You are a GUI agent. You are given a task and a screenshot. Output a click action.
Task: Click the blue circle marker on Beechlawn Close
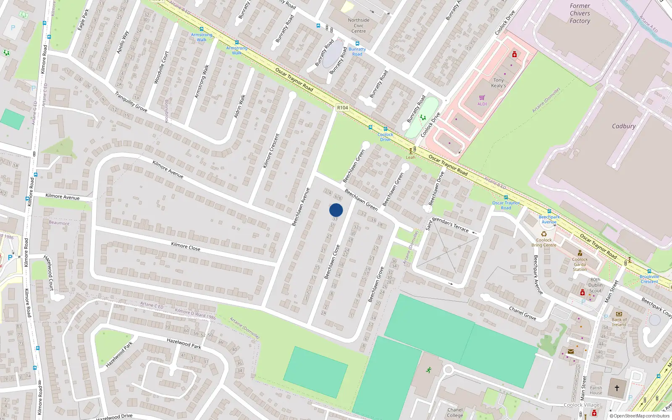pyautogui.click(x=336, y=210)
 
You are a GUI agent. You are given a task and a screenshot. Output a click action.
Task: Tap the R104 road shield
pyautogui.click(x=343, y=108)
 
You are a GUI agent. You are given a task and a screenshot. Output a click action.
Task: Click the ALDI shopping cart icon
pyautogui.click(x=482, y=97)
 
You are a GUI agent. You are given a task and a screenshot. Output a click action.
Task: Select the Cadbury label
pyautogui.click(x=623, y=126)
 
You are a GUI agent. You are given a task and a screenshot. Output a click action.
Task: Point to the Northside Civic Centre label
pyautogui.click(x=359, y=26)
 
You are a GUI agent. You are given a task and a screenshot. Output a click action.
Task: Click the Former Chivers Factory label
pyautogui.click(x=580, y=13)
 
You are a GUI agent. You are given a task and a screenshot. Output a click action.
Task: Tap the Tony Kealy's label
pyautogui.click(x=499, y=83)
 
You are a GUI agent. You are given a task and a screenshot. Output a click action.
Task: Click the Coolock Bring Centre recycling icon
pyautogui.click(x=544, y=234)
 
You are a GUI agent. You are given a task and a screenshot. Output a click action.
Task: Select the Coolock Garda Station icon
pyautogui.click(x=580, y=253)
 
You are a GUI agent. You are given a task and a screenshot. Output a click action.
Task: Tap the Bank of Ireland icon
pyautogui.click(x=618, y=314)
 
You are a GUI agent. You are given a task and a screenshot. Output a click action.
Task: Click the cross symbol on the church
pyautogui.click(x=617, y=388)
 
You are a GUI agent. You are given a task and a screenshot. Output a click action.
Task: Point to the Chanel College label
pyautogui.click(x=455, y=412)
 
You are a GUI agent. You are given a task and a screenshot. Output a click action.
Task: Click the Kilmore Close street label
pyautogui.click(x=186, y=247)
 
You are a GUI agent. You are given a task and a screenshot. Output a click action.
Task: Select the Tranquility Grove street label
pyautogui.click(x=131, y=102)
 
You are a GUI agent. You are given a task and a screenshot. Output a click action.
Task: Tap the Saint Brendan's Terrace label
pyautogui.click(x=447, y=225)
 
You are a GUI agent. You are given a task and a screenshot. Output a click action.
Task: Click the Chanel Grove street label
pyautogui.click(x=522, y=313)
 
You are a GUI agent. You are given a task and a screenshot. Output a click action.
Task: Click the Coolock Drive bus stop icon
pyautogui.click(x=385, y=129)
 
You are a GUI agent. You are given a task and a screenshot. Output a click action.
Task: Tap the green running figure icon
pyautogui.click(x=429, y=370)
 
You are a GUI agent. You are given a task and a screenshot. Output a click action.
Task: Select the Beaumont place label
pyautogui.click(x=59, y=223)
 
